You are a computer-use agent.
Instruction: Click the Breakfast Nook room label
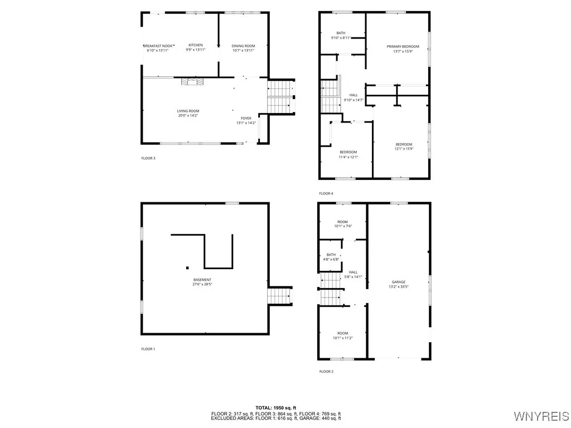(159, 45)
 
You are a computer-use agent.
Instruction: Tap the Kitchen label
(195, 45)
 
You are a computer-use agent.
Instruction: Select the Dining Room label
(243, 46)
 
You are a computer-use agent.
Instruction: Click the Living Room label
(188, 111)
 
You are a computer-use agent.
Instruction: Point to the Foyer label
(246, 118)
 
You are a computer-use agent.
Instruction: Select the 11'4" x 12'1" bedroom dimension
(349, 157)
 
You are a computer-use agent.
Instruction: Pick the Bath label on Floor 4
(341, 33)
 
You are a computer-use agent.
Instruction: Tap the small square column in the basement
(187, 266)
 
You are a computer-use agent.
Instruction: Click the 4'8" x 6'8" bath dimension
(331, 260)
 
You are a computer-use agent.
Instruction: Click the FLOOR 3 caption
(148, 158)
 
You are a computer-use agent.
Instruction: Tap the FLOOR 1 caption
(148, 349)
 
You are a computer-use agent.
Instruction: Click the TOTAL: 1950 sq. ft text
(275, 408)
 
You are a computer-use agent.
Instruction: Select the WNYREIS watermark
(540, 416)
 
